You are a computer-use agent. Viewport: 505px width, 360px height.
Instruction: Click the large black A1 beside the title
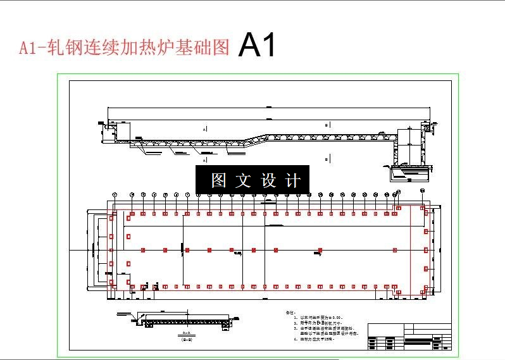257,46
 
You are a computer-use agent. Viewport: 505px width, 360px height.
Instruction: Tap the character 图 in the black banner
218,180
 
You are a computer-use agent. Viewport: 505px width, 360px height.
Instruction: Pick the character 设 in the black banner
268,180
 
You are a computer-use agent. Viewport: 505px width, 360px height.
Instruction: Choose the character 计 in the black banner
292,180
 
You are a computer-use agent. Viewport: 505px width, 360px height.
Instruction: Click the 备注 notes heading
290,313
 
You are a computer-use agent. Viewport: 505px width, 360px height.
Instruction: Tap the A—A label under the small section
187,333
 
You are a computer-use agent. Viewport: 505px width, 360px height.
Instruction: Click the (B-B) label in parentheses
187,339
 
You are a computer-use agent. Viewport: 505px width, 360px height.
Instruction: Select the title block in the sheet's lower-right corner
409,337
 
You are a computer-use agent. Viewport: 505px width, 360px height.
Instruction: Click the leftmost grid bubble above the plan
115,194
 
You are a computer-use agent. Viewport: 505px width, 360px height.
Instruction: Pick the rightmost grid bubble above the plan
423,190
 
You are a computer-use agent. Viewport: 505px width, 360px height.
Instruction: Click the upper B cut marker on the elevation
326,126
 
